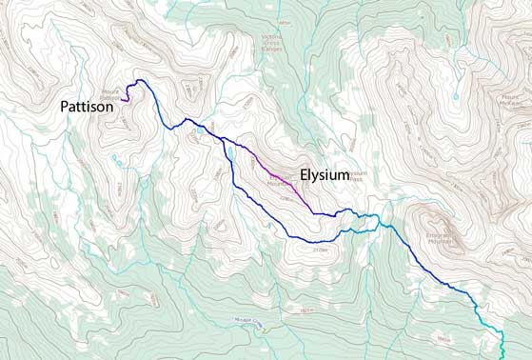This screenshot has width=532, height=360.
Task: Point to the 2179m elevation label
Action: point(318,250)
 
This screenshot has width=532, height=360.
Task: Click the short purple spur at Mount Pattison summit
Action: point(128,97)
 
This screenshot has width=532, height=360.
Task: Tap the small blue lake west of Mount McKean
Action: point(455,95)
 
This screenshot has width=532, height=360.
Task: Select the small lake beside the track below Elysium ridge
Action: point(229,151)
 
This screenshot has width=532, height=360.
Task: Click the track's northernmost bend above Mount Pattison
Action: point(140,81)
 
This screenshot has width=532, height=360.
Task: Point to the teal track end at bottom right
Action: point(502,354)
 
